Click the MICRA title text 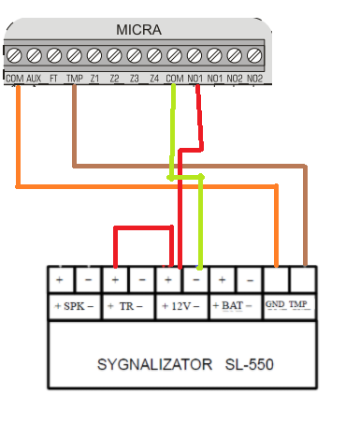[x=138, y=30]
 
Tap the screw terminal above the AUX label [x=35, y=55]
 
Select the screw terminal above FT [x=54, y=55]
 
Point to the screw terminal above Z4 [x=154, y=55]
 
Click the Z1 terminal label [x=94, y=79]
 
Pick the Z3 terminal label [x=135, y=79]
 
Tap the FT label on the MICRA [x=53, y=79]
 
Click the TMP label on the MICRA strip [x=75, y=79]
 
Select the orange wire [x=147, y=186]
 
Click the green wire [x=185, y=178]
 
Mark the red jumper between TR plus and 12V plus [x=143, y=228]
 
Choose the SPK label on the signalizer [x=74, y=306]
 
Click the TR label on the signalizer [x=126, y=306]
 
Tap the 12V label [x=180, y=306]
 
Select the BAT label [x=232, y=305]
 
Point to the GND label [x=275, y=304]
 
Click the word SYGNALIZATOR [x=154, y=364]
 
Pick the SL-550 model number [x=250, y=364]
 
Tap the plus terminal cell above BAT [x=222, y=280]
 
